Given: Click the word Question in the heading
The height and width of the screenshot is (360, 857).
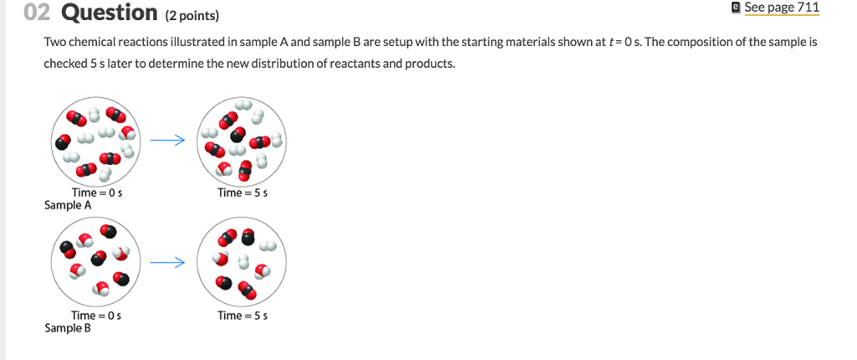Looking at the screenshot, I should point(109,13).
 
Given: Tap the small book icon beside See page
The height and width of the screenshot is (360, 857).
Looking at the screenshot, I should point(735,8).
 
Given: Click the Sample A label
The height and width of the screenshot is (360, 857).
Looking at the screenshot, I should point(63,205).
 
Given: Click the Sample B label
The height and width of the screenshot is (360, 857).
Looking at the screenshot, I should point(63,328).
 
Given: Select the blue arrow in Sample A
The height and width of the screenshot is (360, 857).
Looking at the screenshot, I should point(167,141).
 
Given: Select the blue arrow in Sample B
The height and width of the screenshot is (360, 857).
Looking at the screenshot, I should point(167,263).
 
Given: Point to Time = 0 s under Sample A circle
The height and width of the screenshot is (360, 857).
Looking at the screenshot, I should point(97,193).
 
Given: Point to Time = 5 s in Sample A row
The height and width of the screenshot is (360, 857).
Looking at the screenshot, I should point(242,193).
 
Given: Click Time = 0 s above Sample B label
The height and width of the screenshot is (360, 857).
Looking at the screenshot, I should point(97,316).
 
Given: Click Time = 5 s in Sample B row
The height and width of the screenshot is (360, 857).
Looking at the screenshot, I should point(242,316).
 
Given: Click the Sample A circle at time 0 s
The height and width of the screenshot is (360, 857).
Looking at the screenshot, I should point(97,142).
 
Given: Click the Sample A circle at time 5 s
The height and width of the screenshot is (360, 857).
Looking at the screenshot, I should point(242,142).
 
